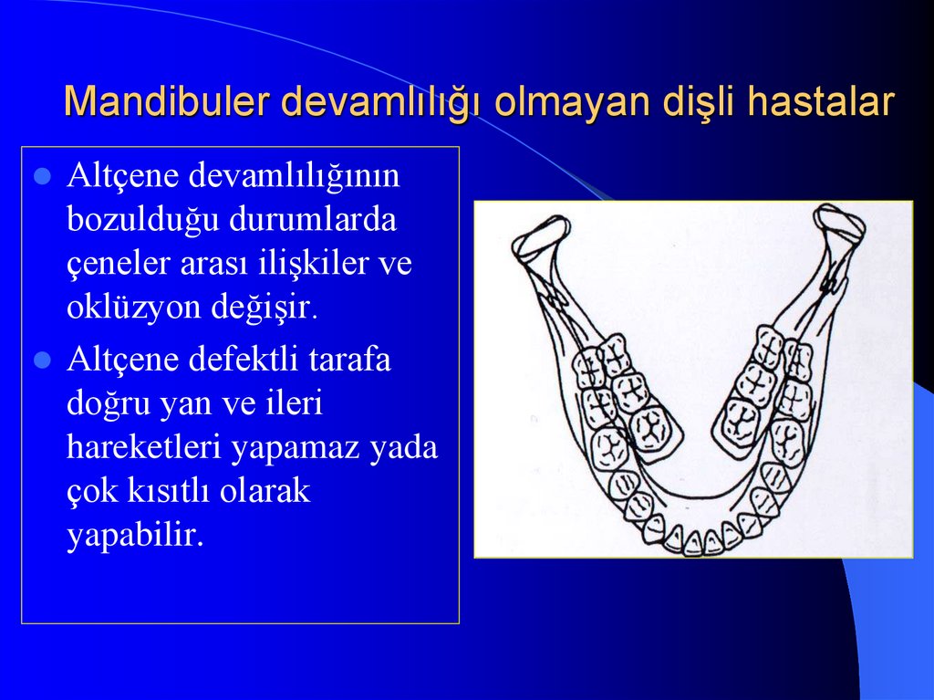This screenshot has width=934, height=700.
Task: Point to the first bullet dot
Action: [x=41, y=176]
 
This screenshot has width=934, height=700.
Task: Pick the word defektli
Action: [x=240, y=359]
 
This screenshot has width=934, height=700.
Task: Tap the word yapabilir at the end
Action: [x=134, y=536]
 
